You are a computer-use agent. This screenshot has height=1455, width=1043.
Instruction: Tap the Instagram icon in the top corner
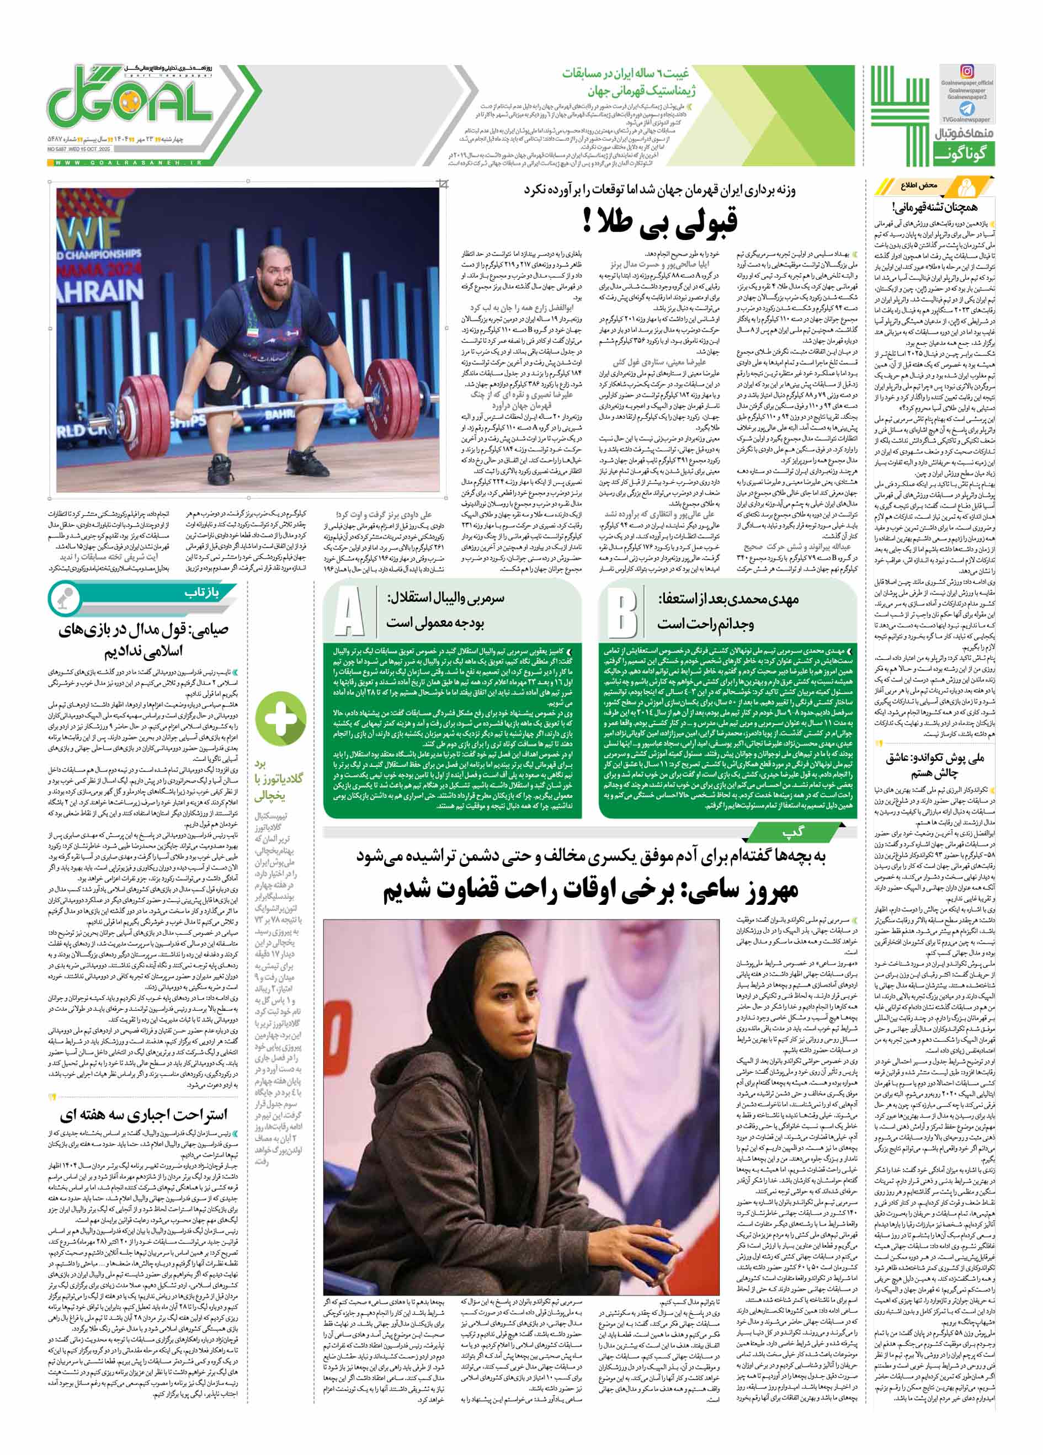coord(966,71)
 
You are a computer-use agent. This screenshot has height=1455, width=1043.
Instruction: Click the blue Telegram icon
coord(966,109)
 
